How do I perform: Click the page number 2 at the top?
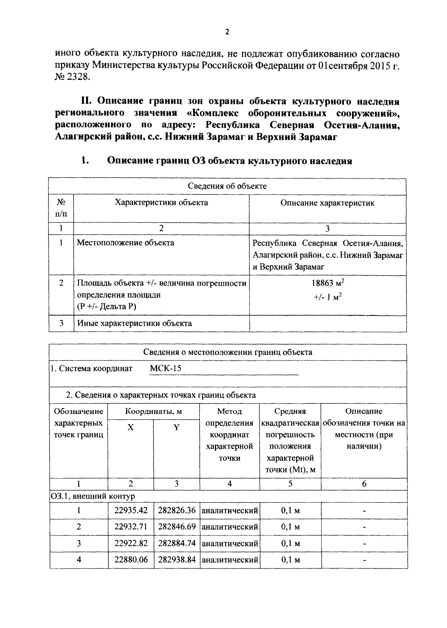click(x=227, y=32)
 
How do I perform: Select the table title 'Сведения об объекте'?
click(x=227, y=186)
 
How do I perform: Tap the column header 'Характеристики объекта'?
click(x=161, y=202)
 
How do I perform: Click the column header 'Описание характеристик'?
click(x=327, y=203)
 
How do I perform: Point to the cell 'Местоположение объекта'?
click(x=126, y=243)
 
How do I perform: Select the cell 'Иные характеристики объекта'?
click(x=134, y=323)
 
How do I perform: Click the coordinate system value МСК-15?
click(x=165, y=368)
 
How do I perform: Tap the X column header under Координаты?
click(x=130, y=427)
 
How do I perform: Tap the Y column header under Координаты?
click(x=177, y=427)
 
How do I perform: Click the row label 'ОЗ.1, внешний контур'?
click(x=93, y=496)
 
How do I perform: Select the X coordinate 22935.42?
click(x=131, y=510)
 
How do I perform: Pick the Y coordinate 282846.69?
click(x=177, y=527)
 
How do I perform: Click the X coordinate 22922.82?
click(x=131, y=543)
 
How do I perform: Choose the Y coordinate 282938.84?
click(x=177, y=559)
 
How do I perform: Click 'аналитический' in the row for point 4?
click(x=229, y=559)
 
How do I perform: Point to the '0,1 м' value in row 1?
click(x=290, y=510)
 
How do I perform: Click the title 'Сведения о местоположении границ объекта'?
click(x=228, y=352)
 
